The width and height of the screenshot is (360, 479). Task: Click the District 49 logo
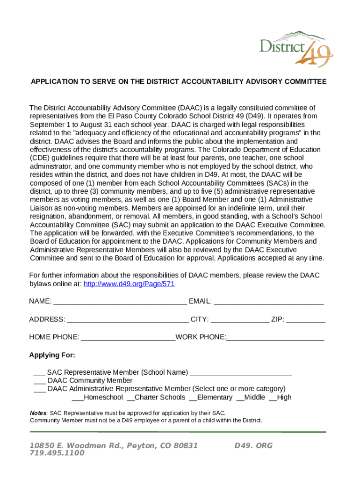(x=296, y=48)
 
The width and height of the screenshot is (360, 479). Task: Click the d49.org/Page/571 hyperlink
(x=129, y=284)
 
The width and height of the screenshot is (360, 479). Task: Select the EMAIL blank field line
(x=268, y=302)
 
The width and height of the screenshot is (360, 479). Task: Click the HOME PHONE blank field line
(x=128, y=338)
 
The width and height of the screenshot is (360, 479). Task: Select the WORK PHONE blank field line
(x=275, y=338)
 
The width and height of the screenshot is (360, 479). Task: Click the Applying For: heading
(x=52, y=355)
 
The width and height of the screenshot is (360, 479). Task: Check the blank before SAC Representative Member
(x=39, y=373)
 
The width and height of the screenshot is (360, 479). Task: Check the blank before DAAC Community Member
(x=39, y=382)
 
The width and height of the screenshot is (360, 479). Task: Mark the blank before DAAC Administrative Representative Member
(x=39, y=390)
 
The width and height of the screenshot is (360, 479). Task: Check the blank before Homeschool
(x=77, y=399)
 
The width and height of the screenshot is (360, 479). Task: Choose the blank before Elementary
(x=193, y=399)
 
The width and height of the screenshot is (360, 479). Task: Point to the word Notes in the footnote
(x=38, y=413)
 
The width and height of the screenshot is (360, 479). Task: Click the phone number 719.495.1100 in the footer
(x=57, y=453)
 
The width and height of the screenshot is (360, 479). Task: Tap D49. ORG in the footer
(x=253, y=446)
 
